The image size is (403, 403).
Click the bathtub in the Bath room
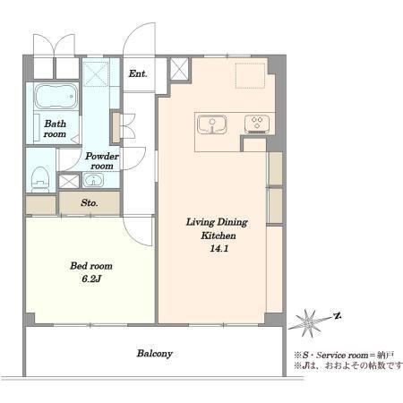tap(56, 97)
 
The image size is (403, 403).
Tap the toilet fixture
tap(40, 179)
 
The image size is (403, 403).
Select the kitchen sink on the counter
tap(211, 124)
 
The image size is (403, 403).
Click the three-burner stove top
tap(257, 124)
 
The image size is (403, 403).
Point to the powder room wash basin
tap(93, 180)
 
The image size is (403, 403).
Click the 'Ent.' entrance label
tap(138, 73)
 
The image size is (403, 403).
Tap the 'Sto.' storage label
tap(90, 203)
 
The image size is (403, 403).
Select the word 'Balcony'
tap(155, 354)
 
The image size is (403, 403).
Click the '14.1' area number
tap(219, 248)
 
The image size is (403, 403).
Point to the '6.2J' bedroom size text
tap(91, 279)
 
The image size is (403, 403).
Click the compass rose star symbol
tap(309, 323)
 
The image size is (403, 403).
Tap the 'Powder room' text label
tap(102, 161)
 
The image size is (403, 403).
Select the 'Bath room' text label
tap(55, 129)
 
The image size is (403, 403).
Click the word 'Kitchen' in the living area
tap(219, 236)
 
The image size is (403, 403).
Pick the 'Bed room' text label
tap(91, 266)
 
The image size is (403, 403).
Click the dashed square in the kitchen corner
tap(250, 75)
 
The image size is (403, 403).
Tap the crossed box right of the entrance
tap(179, 69)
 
